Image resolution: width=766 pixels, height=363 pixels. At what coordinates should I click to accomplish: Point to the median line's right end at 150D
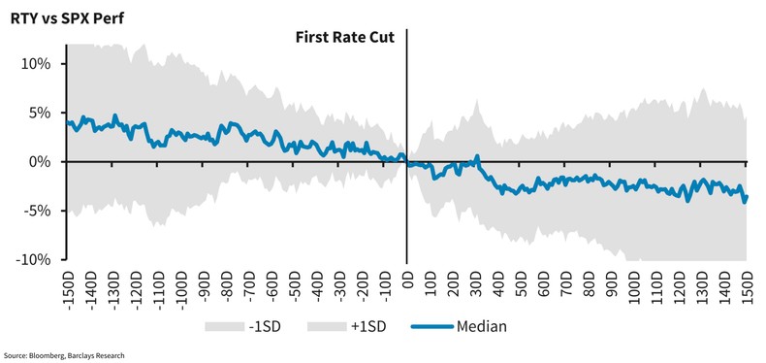pyautogui.click(x=747, y=197)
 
